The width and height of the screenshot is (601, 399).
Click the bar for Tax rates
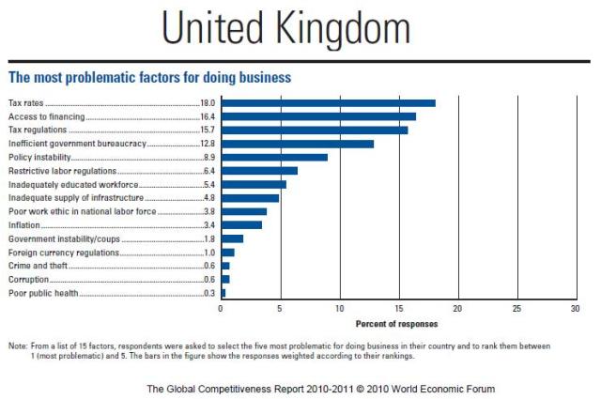(x=328, y=103)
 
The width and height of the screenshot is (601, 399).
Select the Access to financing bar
(x=318, y=116)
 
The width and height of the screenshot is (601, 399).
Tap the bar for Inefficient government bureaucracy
(x=297, y=144)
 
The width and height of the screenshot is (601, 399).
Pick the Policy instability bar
(x=274, y=158)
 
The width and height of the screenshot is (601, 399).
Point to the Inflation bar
(x=241, y=225)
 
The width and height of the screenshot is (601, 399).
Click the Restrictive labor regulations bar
(x=259, y=171)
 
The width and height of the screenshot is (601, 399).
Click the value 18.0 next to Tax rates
(x=208, y=103)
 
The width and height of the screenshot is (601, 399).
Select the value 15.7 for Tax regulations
(x=208, y=130)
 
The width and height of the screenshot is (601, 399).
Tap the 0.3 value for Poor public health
(x=209, y=293)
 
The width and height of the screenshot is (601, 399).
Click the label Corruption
(x=28, y=280)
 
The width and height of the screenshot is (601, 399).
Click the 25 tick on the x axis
(x=516, y=308)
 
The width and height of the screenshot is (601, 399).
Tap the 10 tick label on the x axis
(x=339, y=308)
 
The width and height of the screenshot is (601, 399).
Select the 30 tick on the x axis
(x=575, y=308)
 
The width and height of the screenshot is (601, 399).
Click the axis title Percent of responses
(x=397, y=324)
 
